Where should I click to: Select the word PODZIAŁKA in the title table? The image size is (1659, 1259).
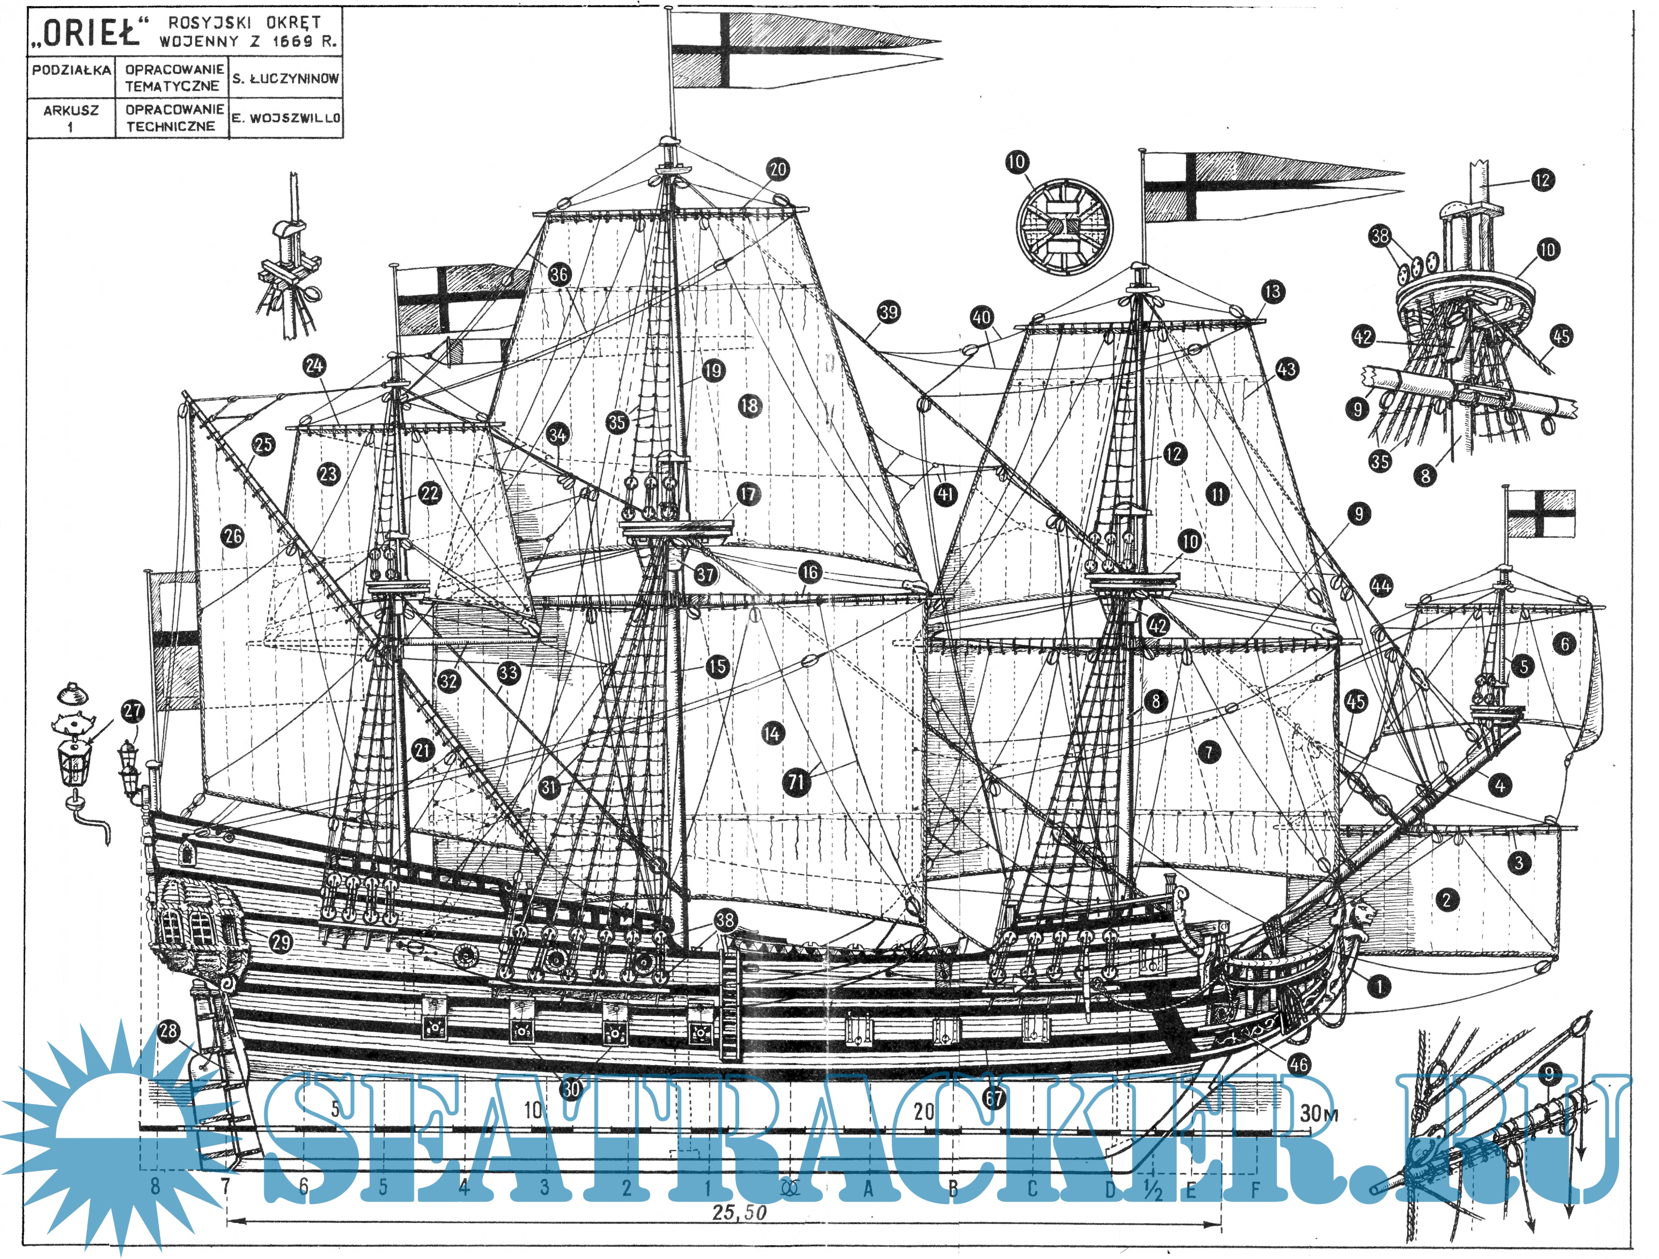pyautogui.click(x=71, y=70)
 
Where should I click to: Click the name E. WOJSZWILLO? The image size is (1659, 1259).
pyautogui.click(x=286, y=118)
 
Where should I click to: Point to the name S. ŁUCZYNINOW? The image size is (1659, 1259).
pyautogui.click(x=286, y=78)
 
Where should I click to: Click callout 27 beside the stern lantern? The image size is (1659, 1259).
pyautogui.click(x=133, y=711)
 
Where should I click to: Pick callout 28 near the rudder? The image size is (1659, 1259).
pyautogui.click(x=168, y=1031)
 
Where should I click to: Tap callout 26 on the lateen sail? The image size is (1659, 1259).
pyautogui.click(x=233, y=536)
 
